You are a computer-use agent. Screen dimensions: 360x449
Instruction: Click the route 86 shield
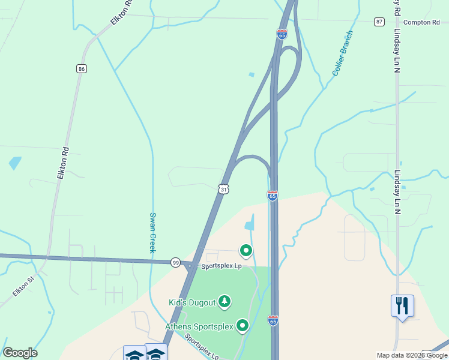[82, 68]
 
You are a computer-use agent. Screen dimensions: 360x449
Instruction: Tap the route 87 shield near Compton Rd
[379, 22]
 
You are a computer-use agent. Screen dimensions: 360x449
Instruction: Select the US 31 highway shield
[223, 189]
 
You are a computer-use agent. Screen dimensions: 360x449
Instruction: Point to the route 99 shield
[175, 262]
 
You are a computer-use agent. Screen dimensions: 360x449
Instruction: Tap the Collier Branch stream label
[342, 53]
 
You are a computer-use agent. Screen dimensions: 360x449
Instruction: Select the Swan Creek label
[152, 233]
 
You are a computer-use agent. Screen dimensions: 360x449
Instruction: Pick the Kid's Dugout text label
[192, 302]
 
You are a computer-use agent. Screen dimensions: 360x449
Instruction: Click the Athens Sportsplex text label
[200, 327]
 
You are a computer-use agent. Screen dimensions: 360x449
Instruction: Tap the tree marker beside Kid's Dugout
[224, 301]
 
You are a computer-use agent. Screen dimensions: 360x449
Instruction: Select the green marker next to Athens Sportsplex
[243, 325]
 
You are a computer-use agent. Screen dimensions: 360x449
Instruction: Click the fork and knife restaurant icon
[402, 306]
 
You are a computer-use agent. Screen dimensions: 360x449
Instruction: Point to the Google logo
[20, 353]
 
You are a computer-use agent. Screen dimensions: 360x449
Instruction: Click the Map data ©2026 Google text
[412, 355]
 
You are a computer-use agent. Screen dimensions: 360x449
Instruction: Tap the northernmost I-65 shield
[282, 34]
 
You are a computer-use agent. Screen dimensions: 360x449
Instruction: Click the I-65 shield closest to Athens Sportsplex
[273, 320]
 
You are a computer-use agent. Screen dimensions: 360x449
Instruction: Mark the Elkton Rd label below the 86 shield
[62, 163]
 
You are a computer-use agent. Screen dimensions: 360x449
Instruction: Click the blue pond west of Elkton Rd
[14, 163]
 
